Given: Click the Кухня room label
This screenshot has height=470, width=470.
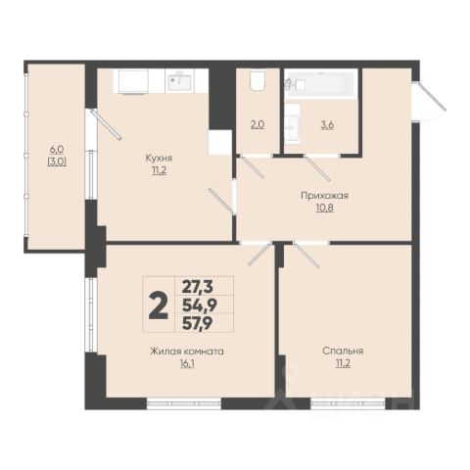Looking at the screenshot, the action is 159,158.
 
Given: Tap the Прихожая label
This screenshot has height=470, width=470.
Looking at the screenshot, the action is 324,196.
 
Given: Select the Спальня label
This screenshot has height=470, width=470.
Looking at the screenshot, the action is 343,351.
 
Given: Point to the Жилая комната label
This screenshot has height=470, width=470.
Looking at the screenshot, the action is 187,352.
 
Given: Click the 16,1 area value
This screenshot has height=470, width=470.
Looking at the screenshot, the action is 187,364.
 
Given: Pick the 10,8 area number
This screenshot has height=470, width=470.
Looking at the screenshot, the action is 324,208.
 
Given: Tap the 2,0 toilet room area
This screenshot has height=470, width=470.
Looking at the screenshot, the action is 258,124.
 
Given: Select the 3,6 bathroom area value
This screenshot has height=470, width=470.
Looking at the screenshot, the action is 327,124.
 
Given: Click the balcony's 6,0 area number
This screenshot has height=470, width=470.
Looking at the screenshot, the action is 57,150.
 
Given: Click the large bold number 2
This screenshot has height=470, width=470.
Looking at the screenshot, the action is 159,305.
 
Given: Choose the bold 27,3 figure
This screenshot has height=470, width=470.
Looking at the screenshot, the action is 198,287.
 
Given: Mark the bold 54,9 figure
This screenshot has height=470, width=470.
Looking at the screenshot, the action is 200,305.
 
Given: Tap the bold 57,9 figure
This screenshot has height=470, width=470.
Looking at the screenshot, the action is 198,324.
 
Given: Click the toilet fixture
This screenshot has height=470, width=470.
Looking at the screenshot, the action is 258,81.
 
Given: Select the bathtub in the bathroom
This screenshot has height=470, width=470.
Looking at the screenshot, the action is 320,84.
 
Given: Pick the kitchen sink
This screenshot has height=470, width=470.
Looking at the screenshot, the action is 180,81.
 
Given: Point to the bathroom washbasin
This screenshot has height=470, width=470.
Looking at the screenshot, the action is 292,124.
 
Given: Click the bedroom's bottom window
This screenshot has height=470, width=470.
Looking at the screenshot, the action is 348,403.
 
